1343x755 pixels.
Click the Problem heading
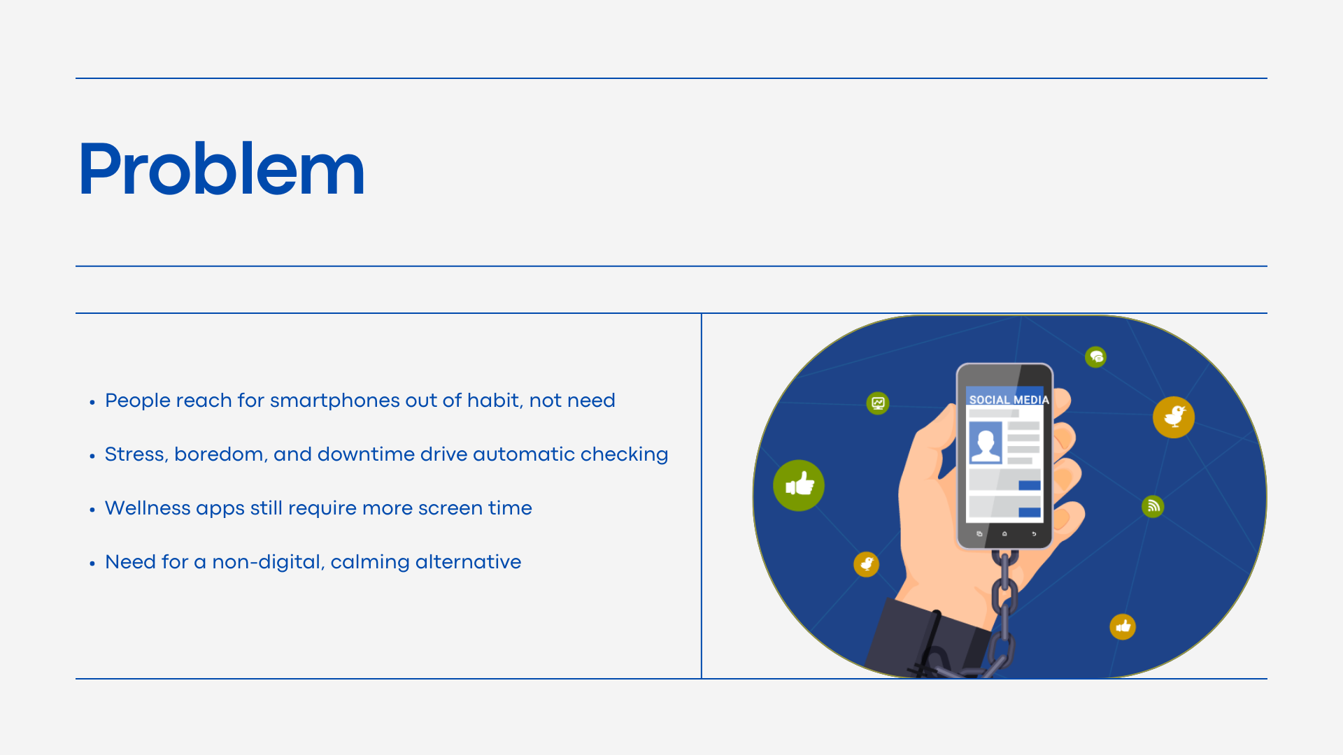click(x=221, y=169)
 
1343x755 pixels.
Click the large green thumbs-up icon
click(x=799, y=485)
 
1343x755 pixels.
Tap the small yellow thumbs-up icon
click(x=1123, y=626)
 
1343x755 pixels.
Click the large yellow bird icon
click(x=1174, y=417)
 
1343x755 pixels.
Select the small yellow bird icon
click(x=866, y=564)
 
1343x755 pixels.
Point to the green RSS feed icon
click(x=1153, y=505)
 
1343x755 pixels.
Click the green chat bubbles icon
click(x=1095, y=357)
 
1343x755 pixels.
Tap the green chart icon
click(x=878, y=403)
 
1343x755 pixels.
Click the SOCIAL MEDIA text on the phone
click(x=1009, y=400)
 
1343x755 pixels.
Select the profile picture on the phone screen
click(x=986, y=443)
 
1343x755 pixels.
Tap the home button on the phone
click(x=1004, y=534)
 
